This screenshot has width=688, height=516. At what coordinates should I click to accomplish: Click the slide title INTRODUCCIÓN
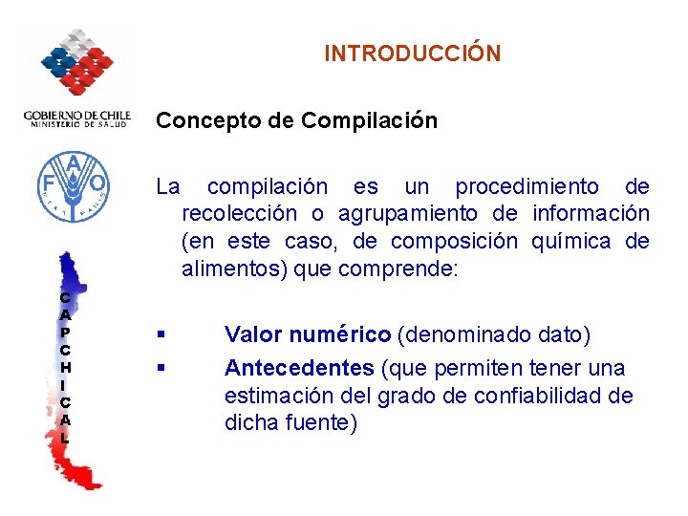pyautogui.click(x=412, y=54)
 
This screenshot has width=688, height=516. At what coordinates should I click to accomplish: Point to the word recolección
pyautogui.click(x=239, y=213)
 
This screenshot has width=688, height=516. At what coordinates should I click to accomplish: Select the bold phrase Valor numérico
pyautogui.click(x=307, y=334)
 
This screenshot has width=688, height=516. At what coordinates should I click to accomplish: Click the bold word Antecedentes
pyautogui.click(x=299, y=368)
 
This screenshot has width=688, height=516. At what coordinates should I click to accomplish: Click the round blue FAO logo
pyautogui.click(x=72, y=187)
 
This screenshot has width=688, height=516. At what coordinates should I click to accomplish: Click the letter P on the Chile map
pyautogui.click(x=64, y=332)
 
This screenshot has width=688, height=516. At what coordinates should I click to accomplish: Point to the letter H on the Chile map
pyautogui.click(x=64, y=367)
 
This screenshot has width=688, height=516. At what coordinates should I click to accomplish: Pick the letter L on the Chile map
pyautogui.click(x=64, y=438)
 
